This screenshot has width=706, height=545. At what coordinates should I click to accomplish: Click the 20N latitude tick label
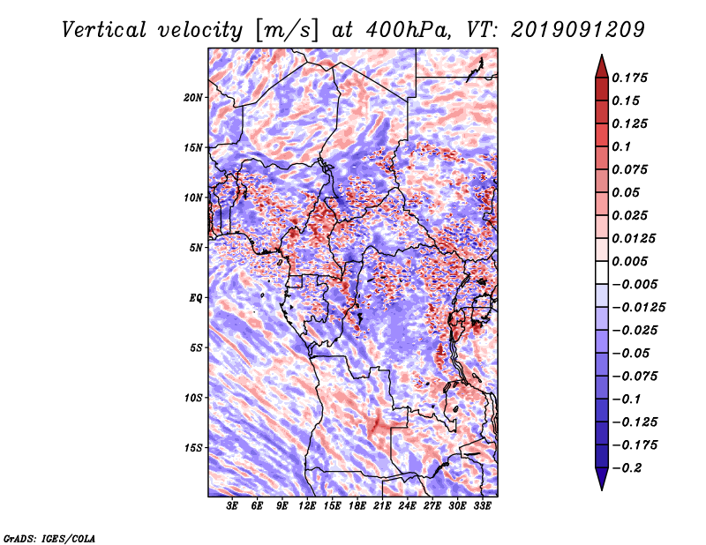193,98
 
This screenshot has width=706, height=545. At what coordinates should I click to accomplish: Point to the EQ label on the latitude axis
196,298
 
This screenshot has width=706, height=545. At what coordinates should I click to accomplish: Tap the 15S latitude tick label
193,448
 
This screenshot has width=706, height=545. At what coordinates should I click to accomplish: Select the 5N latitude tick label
196,248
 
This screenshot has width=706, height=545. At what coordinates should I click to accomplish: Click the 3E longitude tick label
232,505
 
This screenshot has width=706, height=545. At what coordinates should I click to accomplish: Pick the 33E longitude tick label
482,505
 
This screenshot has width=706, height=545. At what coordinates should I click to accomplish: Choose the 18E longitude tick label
357,505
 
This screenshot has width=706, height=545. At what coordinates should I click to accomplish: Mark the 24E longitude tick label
407,505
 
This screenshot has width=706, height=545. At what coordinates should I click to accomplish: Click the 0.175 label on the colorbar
629,78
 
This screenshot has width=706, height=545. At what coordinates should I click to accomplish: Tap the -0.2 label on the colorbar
627,468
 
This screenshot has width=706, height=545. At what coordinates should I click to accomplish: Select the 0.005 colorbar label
629,261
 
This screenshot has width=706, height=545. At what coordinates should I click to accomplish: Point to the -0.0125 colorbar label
638,308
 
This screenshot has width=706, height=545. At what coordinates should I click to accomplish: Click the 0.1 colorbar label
621,146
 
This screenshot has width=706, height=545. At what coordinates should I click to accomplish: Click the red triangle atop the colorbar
602,67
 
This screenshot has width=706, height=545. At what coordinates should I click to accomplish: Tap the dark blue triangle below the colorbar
602,479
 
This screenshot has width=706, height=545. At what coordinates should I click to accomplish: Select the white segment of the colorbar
602,272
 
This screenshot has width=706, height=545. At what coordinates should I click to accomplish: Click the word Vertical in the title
104,31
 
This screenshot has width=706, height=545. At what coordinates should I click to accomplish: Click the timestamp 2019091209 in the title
578,30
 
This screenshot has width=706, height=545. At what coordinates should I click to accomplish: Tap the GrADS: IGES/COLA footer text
49,538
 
